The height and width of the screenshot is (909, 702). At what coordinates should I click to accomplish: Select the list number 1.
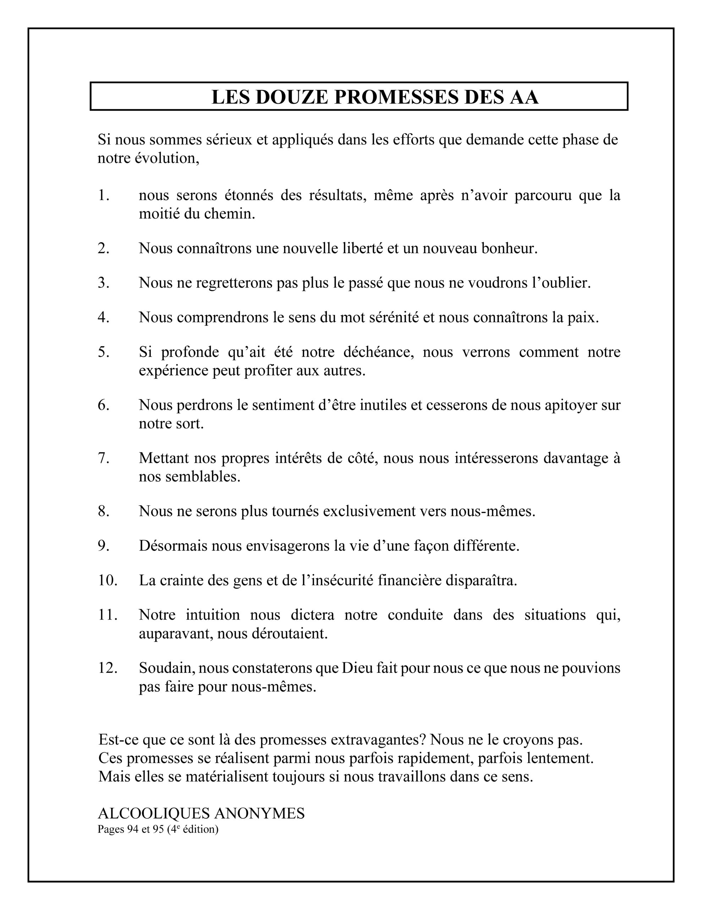coord(103,196)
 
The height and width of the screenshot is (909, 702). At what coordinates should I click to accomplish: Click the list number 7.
coord(103,458)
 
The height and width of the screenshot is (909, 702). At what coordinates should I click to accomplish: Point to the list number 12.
coord(108,668)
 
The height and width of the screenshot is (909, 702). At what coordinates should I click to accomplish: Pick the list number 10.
coord(108,580)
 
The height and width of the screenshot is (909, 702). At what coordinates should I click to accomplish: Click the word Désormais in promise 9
coord(173,546)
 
